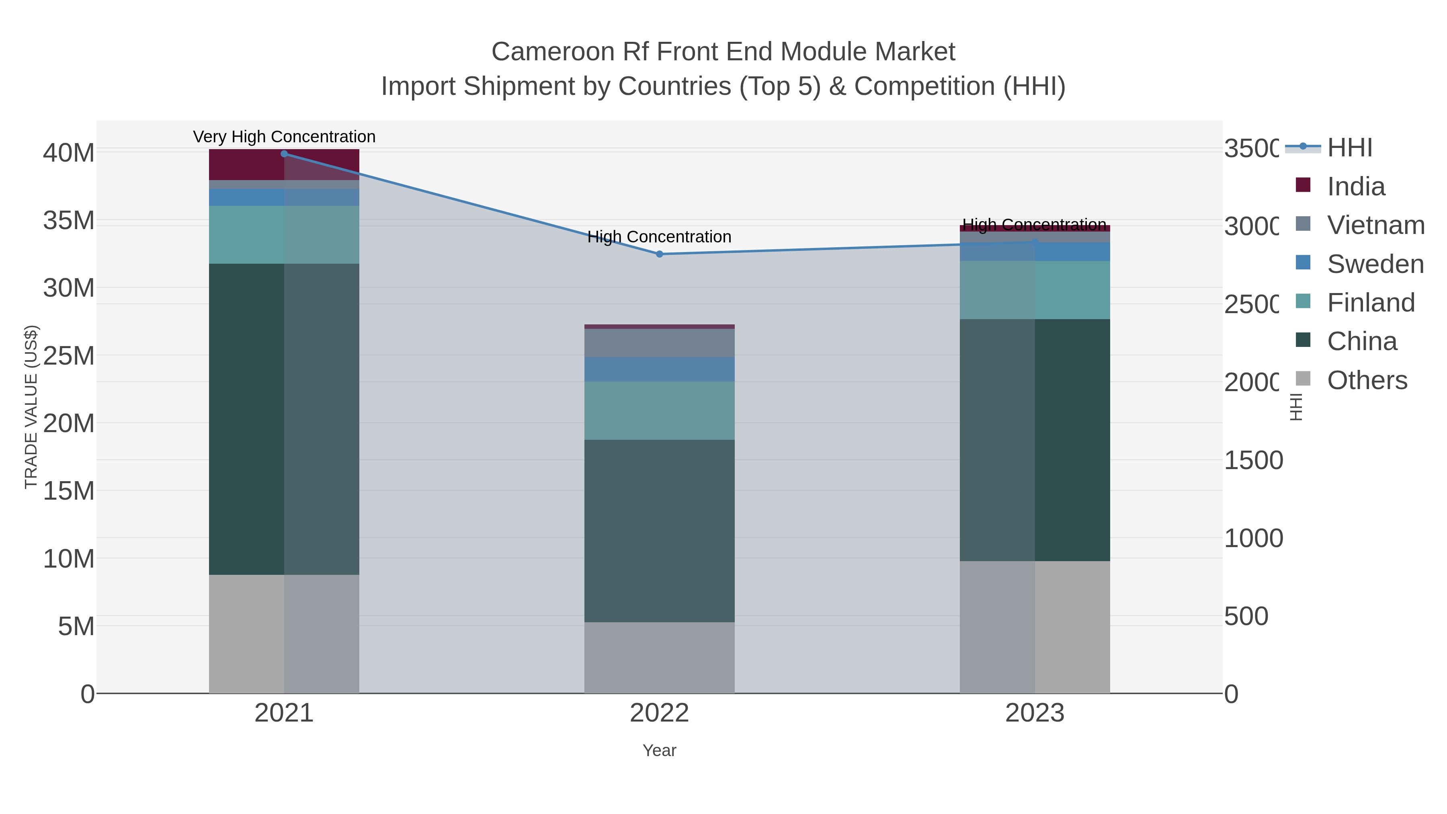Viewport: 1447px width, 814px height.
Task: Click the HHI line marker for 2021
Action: point(284,154)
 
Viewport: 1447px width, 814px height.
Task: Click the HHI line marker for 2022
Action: point(660,254)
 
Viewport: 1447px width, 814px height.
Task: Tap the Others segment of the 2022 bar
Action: point(660,657)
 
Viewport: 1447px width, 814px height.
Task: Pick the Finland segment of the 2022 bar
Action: point(660,411)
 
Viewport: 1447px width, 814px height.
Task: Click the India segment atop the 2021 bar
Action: point(247,164)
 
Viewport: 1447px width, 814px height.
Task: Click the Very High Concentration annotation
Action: point(284,137)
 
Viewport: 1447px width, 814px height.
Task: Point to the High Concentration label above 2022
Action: point(660,237)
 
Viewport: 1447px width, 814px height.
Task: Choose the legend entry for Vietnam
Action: point(1375,225)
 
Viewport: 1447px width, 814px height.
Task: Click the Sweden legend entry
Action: point(1375,264)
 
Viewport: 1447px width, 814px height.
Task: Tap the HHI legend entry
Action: point(1349,148)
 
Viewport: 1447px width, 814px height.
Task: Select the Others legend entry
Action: point(1367,380)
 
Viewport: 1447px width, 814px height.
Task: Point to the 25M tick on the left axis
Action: point(68,356)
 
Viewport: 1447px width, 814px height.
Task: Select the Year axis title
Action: point(660,750)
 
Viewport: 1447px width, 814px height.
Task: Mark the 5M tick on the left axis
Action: point(76,626)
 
